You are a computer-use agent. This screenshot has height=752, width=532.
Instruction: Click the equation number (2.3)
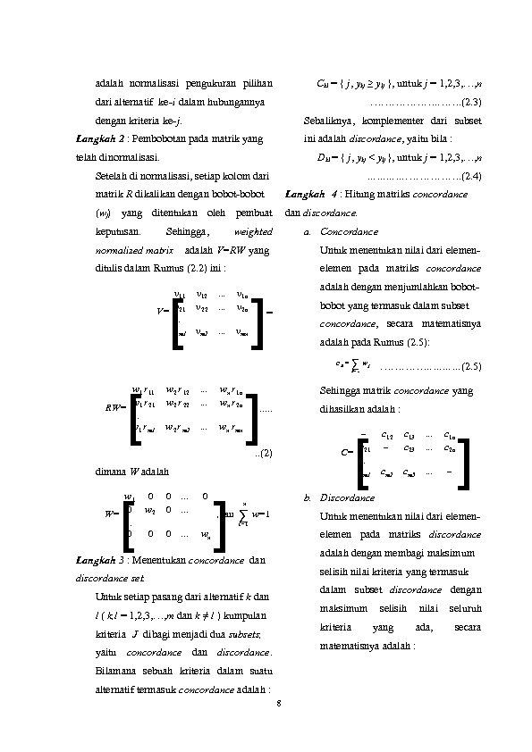(470, 100)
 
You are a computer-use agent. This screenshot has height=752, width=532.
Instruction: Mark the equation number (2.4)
(470, 175)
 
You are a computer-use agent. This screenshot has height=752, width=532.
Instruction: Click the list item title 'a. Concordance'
(334, 230)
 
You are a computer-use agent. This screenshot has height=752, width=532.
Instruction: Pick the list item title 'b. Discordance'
(337, 497)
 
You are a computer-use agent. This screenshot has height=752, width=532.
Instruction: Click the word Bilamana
(114, 670)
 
